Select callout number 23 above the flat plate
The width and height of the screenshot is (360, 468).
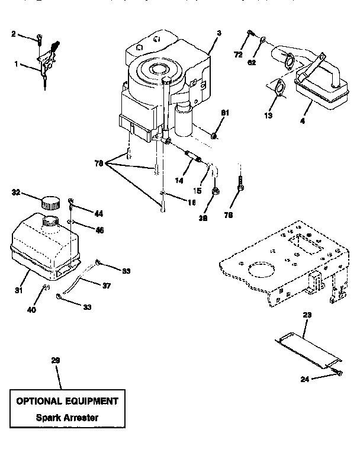[306, 316]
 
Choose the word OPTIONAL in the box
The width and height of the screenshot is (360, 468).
[40, 400]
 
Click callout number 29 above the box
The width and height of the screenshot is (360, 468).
[56, 360]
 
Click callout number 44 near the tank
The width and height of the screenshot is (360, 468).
[98, 212]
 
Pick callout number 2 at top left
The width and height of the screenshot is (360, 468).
[14, 34]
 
